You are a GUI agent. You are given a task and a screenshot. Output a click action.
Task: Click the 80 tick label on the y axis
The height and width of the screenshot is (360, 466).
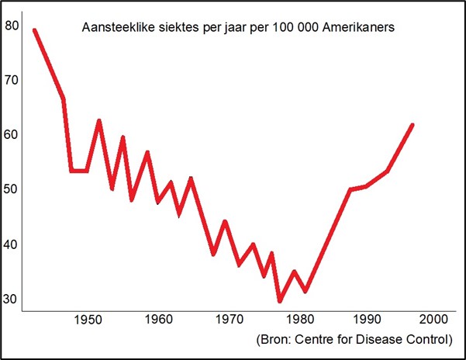point(12,25)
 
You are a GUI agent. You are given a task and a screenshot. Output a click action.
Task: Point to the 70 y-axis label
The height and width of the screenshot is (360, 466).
point(12,79)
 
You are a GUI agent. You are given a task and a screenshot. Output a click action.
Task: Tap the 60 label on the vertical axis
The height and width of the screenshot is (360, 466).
point(12,134)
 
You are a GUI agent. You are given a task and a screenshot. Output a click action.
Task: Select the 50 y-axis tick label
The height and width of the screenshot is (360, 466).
point(12,189)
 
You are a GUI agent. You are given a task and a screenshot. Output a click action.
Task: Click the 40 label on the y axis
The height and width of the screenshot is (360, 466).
point(12,244)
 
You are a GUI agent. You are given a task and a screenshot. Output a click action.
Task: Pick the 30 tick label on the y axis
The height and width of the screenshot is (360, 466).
point(12,299)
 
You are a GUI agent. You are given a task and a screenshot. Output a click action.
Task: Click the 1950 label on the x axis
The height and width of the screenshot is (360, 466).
point(91,319)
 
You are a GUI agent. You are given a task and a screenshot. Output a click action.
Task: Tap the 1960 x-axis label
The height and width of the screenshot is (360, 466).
point(159,319)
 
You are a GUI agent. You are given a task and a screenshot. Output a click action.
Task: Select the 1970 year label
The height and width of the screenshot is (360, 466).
point(226,319)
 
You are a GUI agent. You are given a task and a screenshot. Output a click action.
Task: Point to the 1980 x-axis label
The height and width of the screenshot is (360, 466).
point(294,319)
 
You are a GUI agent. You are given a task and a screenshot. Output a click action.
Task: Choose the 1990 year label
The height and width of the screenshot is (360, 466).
point(361,319)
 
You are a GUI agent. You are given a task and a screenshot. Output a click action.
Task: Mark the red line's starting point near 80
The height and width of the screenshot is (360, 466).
point(34,30)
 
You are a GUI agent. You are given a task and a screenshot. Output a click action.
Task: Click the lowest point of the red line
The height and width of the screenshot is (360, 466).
point(280,301)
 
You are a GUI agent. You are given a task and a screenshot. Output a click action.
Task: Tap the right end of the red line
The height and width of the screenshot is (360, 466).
point(412,124)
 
